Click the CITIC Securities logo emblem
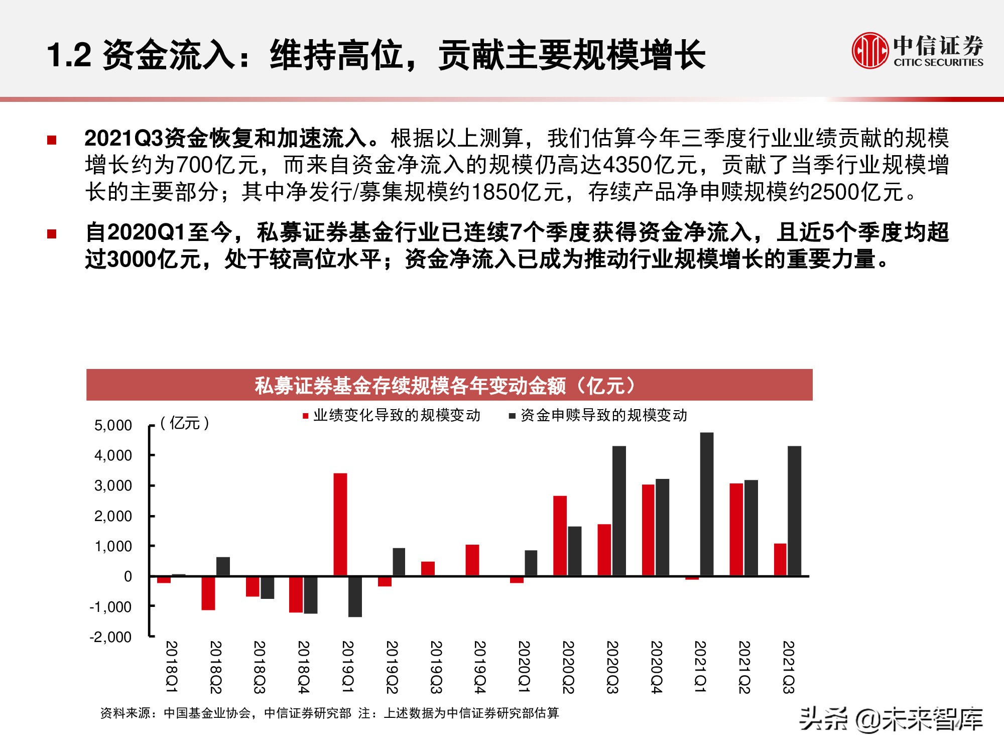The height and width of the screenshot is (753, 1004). coord(870,50)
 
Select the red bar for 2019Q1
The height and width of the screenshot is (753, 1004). coord(340,524)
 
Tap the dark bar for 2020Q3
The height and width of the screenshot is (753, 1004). coord(619,511)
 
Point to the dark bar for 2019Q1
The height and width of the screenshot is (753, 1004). coord(355,596)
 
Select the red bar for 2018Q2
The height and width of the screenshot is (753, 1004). coord(208,593)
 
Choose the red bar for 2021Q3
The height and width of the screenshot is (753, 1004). coord(780,559)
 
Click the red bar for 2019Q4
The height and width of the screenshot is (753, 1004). coord(472,560)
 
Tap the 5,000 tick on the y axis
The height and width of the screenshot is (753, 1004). coord(113,426)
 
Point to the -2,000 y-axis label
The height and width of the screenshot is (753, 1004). coord(110,637)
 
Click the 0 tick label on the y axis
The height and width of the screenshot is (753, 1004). coord(128,576)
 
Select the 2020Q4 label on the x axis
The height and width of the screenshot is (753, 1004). coord(656,667)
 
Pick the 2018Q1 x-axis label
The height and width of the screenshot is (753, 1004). coord(171,667)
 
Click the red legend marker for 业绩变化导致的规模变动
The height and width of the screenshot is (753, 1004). coord(305,416)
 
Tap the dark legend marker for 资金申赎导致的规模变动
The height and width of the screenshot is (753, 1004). coord(512,416)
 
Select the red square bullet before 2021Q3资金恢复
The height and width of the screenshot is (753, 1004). coord(52,140)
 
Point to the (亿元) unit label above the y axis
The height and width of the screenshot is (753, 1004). coord(184,423)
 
